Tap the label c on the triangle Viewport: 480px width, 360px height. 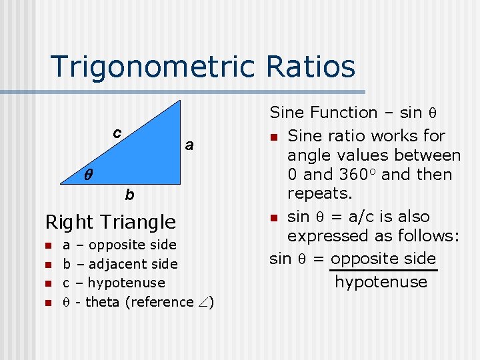117,133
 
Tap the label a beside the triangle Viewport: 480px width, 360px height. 189,145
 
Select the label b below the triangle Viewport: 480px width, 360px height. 129,195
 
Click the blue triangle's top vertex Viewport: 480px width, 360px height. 180,101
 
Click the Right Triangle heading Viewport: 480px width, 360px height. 110,222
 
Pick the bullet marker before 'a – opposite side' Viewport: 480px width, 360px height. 48,245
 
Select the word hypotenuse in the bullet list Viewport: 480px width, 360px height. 126,283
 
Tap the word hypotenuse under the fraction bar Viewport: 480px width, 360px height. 381,282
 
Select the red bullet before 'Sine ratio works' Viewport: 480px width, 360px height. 273,137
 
